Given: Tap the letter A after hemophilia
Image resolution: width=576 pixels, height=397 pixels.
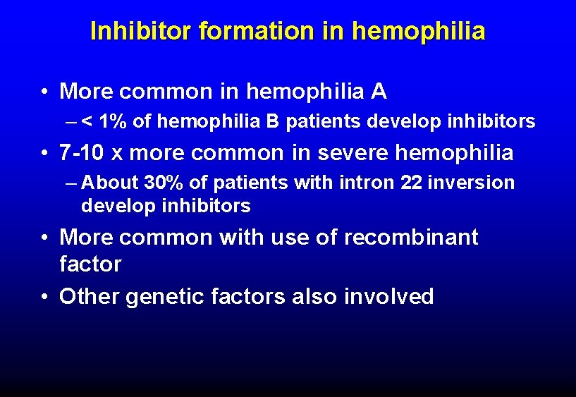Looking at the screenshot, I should coord(379,91).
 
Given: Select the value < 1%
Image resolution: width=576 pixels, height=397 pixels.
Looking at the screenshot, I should coord(105,122).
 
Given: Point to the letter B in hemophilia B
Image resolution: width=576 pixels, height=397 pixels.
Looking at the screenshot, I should coord(272,122).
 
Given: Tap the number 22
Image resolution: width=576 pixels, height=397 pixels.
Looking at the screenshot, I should coord(411,183).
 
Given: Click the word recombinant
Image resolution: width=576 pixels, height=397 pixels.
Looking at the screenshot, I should coord(410,238).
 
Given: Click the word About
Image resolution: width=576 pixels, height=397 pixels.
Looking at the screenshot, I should coord(111,183).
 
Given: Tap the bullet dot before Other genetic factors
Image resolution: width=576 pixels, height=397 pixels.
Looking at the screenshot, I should coord(44,298).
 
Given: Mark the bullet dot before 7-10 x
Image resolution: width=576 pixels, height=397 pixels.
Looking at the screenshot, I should coord(44,153).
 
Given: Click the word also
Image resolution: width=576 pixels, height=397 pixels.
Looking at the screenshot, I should coord(314,297).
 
